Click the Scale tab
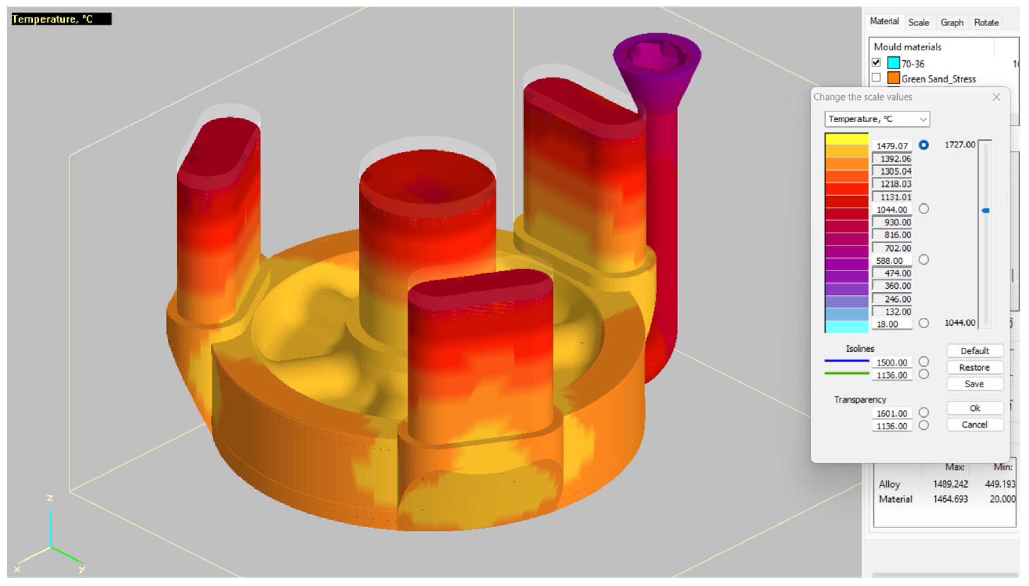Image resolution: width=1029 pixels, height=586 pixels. coord(918,22)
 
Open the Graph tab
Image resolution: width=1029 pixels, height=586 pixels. coord(952,22)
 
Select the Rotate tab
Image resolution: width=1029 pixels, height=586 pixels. coord(986,22)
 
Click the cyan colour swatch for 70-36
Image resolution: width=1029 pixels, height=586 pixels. coord(893,63)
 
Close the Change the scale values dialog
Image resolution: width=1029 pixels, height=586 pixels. coord(996,97)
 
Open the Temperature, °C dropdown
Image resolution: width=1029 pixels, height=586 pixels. coord(877,119)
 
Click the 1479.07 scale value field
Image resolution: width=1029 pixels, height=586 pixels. coord(892,146)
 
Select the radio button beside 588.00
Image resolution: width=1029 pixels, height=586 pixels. coord(924,260)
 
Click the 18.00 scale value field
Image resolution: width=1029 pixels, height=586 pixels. coord(892,324)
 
